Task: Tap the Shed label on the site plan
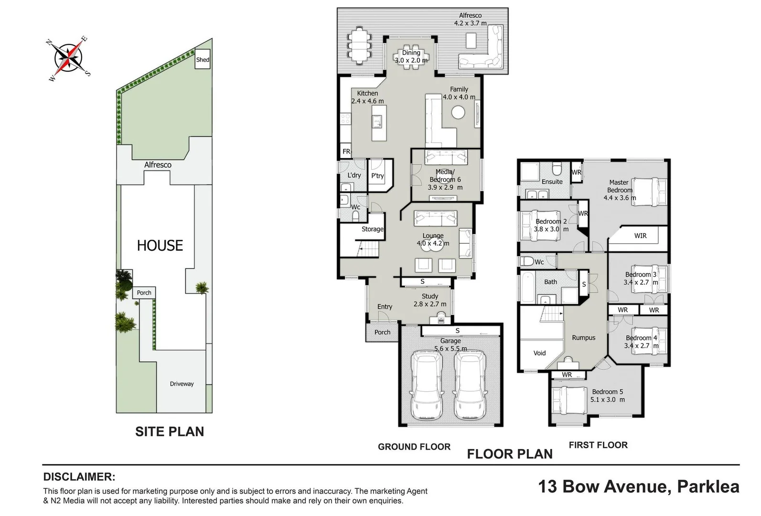click(x=203, y=60)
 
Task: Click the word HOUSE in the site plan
click(x=160, y=246)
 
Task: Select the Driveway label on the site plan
click(x=182, y=384)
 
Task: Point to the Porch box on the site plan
click(x=144, y=293)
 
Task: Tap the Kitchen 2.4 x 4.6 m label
click(x=367, y=97)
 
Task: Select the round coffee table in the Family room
click(x=458, y=113)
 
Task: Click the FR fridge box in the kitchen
click(x=346, y=151)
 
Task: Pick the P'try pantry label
click(x=377, y=176)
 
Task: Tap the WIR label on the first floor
click(x=640, y=236)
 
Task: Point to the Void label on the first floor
click(x=539, y=353)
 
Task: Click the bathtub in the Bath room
click(x=527, y=287)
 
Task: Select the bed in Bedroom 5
click(x=568, y=400)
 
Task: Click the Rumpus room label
click(x=583, y=338)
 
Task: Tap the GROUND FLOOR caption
click(x=414, y=447)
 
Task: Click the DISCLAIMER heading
click(x=79, y=476)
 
